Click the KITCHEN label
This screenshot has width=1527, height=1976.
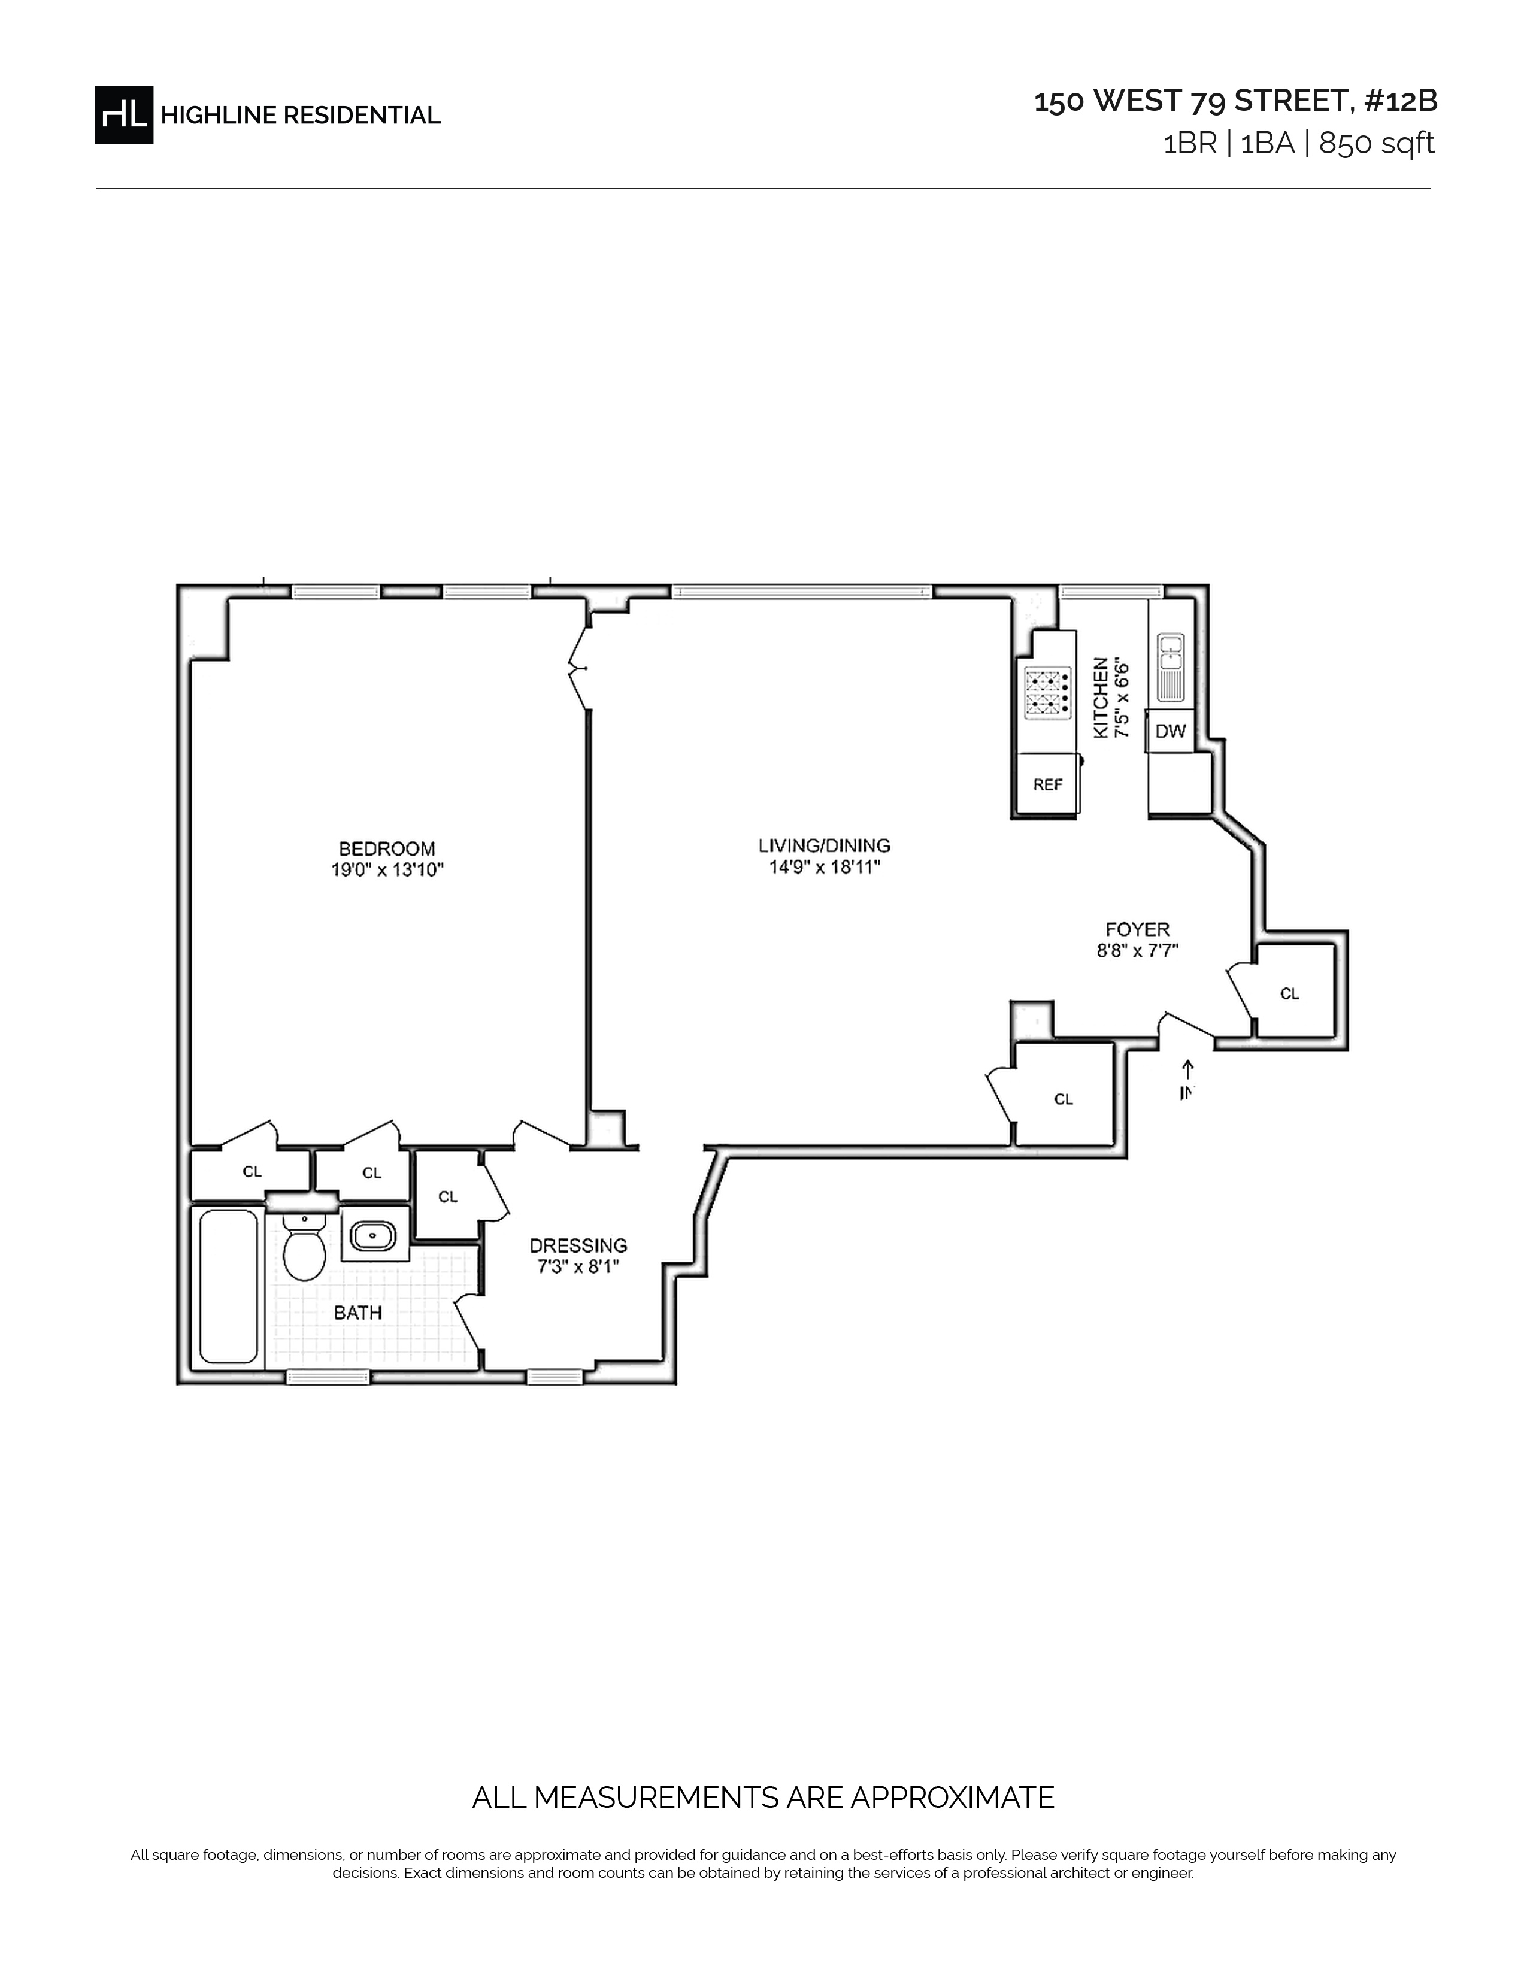1101,698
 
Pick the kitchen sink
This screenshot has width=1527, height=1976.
1171,668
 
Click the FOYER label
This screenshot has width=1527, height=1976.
1137,929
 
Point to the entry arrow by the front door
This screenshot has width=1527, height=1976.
1188,1069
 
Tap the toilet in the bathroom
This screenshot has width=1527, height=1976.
304,1247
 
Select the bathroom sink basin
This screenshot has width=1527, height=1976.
374,1235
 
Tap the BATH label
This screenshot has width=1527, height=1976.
358,1313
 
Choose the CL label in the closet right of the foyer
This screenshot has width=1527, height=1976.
1290,993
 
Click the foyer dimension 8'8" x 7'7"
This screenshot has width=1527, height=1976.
1137,951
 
